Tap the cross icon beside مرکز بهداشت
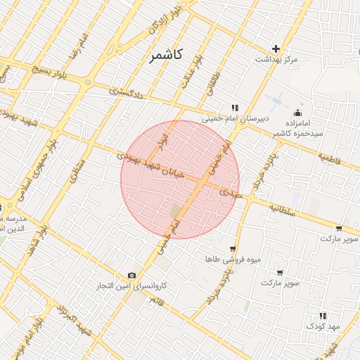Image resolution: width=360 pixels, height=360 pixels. click(276, 49)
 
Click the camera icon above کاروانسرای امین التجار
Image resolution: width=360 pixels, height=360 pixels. click(132, 276)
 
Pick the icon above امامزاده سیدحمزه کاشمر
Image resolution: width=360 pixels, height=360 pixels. click(298, 115)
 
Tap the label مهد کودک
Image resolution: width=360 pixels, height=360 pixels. click(323, 327)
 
